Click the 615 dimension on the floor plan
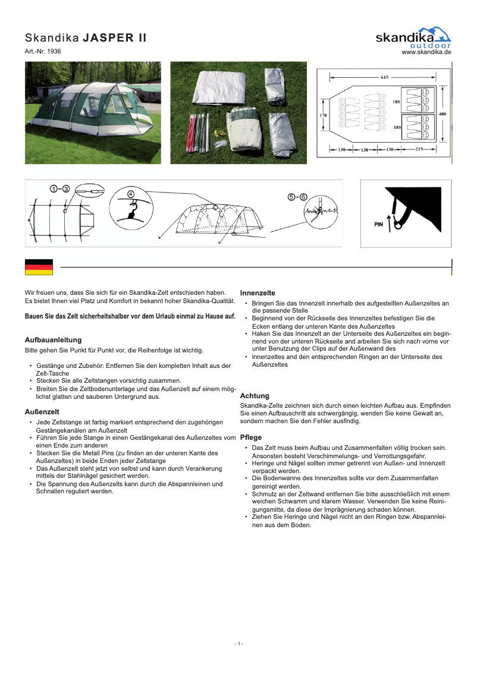(x=384, y=77)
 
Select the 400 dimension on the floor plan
(x=443, y=113)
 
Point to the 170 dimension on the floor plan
(x=322, y=115)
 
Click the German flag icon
(x=39, y=267)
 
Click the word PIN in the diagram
(x=378, y=225)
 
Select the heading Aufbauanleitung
(x=53, y=340)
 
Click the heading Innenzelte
(x=258, y=293)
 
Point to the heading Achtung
(x=255, y=395)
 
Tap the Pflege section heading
(x=251, y=437)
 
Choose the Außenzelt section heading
(x=42, y=411)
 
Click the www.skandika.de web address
(x=426, y=52)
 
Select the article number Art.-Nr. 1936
(x=43, y=52)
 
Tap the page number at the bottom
(x=238, y=644)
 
